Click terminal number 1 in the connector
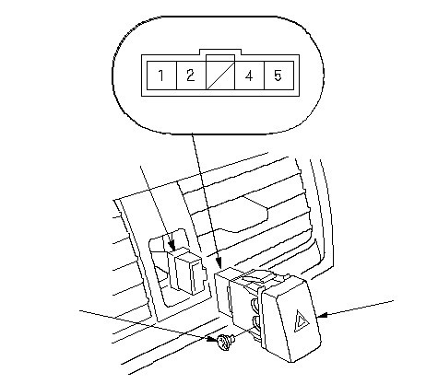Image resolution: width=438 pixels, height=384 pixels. click(x=161, y=76)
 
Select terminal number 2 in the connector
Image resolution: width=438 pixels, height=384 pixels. click(x=191, y=76)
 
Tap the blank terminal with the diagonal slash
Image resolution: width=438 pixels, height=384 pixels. click(x=220, y=76)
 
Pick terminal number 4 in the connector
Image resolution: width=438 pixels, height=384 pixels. click(x=250, y=76)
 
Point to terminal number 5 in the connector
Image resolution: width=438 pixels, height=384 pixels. click(x=278, y=76)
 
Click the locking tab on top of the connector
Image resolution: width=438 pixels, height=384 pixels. click(x=220, y=52)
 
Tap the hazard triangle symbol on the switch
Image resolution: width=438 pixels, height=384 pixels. click(x=302, y=321)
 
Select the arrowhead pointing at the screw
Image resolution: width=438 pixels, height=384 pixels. click(x=212, y=339)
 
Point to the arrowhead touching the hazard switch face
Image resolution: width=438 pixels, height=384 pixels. click(x=321, y=315)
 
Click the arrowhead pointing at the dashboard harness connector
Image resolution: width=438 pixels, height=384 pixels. click(x=172, y=246)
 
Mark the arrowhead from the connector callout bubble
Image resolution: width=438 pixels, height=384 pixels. click(x=219, y=262)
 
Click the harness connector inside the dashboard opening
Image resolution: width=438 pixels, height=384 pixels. click(x=185, y=271)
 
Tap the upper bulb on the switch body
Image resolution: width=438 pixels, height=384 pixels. click(x=255, y=304)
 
